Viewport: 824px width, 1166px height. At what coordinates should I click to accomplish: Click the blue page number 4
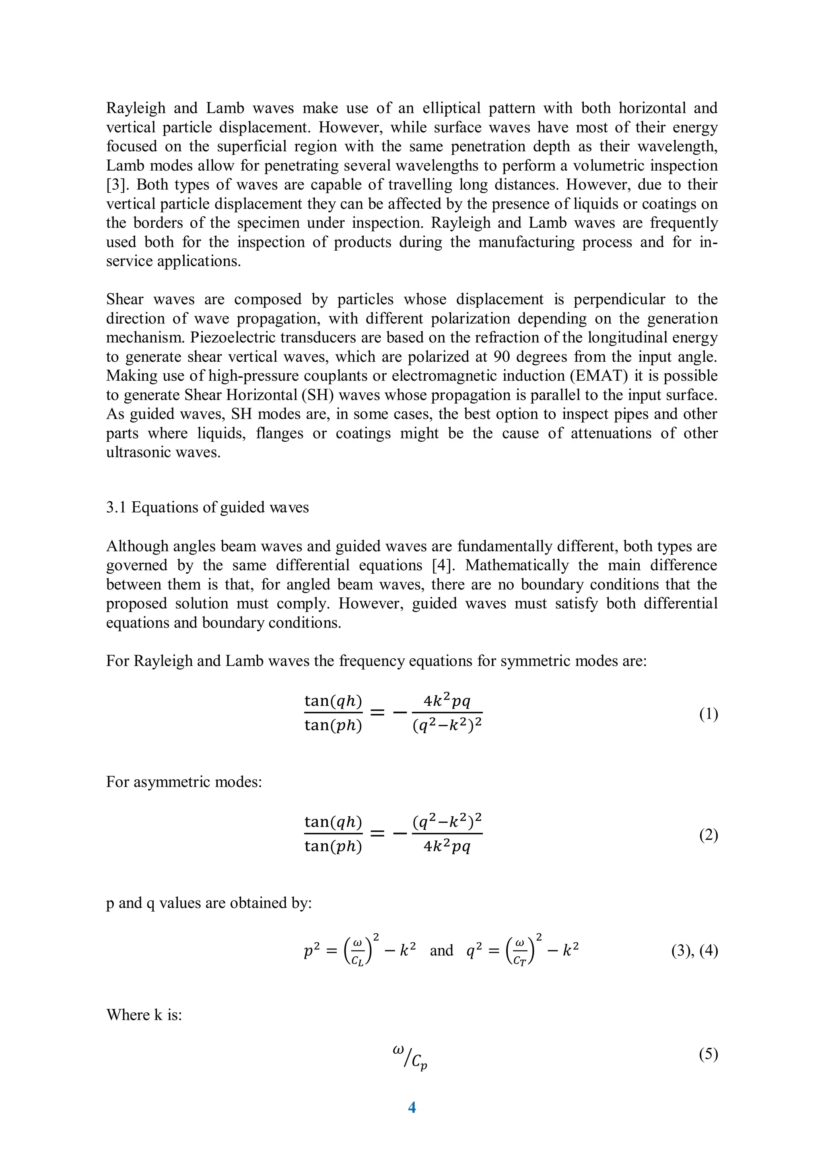tap(412, 1106)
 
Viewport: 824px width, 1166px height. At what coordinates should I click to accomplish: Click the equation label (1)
tap(708, 714)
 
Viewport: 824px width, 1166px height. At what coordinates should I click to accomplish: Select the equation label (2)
tap(708, 835)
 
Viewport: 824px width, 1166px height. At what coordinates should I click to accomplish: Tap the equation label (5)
tap(708, 1054)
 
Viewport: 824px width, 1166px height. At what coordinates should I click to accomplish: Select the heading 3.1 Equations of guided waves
tap(207, 507)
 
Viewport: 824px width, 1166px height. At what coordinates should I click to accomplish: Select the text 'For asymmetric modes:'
tap(184, 782)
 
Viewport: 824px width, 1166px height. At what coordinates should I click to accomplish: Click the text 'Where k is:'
tap(144, 1015)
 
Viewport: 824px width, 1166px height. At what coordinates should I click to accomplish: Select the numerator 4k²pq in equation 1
tap(447, 701)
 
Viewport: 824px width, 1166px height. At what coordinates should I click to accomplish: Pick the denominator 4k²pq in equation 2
tap(447, 847)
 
